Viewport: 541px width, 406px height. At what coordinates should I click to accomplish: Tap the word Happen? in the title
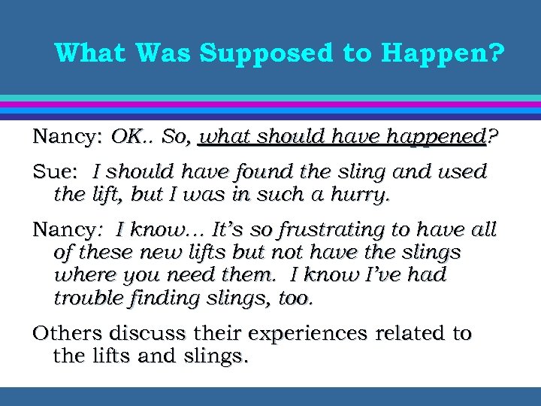tap(443, 53)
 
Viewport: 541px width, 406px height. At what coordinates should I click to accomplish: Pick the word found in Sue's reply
tap(261, 172)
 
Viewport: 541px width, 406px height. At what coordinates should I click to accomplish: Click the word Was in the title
tap(165, 53)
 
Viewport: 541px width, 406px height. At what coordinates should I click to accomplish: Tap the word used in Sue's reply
tap(465, 172)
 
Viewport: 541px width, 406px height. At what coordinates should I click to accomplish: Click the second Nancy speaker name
tap(62, 229)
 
